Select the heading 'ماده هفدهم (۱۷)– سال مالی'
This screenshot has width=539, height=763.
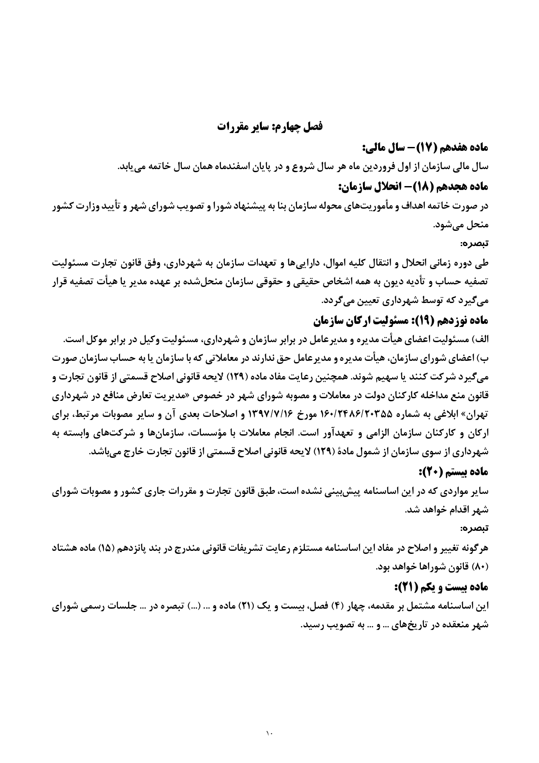tap(426, 148)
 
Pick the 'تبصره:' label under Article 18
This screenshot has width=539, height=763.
tap(476, 243)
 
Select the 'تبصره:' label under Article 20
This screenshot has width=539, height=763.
tap(476, 529)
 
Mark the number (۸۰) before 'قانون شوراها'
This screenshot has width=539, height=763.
tap(481, 568)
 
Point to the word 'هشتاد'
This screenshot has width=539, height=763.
tap(65, 549)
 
